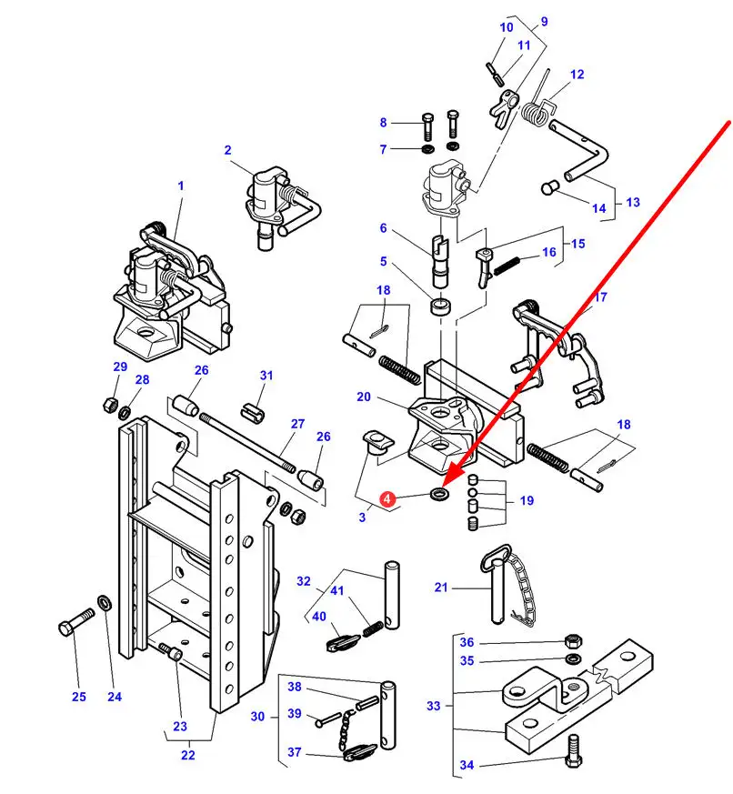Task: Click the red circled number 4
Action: coord(387,498)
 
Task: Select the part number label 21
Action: coord(441,588)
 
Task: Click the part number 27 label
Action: coord(297,423)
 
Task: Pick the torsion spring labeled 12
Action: coord(539,106)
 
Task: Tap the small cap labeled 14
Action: coord(549,187)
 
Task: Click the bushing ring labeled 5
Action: coord(440,307)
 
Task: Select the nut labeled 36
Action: coord(573,641)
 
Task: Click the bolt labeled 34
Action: coord(573,751)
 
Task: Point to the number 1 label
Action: coord(181,186)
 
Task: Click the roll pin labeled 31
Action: coord(253,412)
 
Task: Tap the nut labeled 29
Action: coord(110,404)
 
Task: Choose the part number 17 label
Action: coord(600,296)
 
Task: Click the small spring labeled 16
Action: coord(507,266)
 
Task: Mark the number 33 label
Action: coord(433,706)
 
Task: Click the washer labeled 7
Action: coord(427,149)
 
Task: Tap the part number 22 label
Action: coord(188,755)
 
